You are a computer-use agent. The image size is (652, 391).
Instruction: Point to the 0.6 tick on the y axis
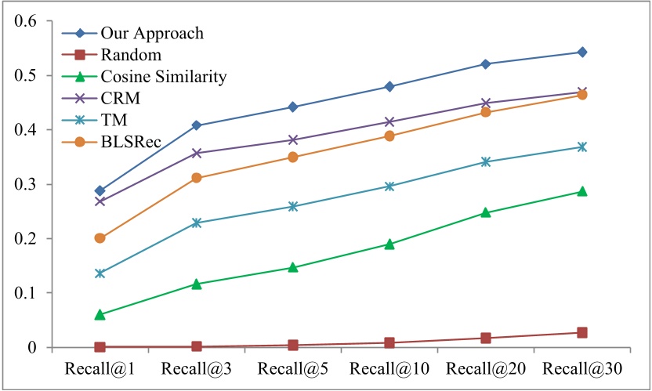pyautogui.click(x=27, y=21)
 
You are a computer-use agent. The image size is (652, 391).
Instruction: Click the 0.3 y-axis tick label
pyautogui.click(x=27, y=184)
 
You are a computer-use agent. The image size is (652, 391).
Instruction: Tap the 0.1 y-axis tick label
pyautogui.click(x=27, y=293)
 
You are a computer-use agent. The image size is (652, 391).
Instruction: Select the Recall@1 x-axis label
pyautogui.click(x=100, y=367)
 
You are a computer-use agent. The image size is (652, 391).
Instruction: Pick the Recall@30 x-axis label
pyautogui.click(x=581, y=367)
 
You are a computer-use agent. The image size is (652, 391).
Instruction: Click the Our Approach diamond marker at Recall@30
pyautogui.click(x=582, y=52)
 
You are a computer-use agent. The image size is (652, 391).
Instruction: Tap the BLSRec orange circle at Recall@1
pyautogui.click(x=100, y=238)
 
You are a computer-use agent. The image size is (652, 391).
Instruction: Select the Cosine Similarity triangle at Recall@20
pyautogui.click(x=486, y=212)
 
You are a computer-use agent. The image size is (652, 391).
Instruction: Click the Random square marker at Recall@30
pyautogui.click(x=582, y=333)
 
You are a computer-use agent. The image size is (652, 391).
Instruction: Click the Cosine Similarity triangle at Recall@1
pyautogui.click(x=100, y=314)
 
